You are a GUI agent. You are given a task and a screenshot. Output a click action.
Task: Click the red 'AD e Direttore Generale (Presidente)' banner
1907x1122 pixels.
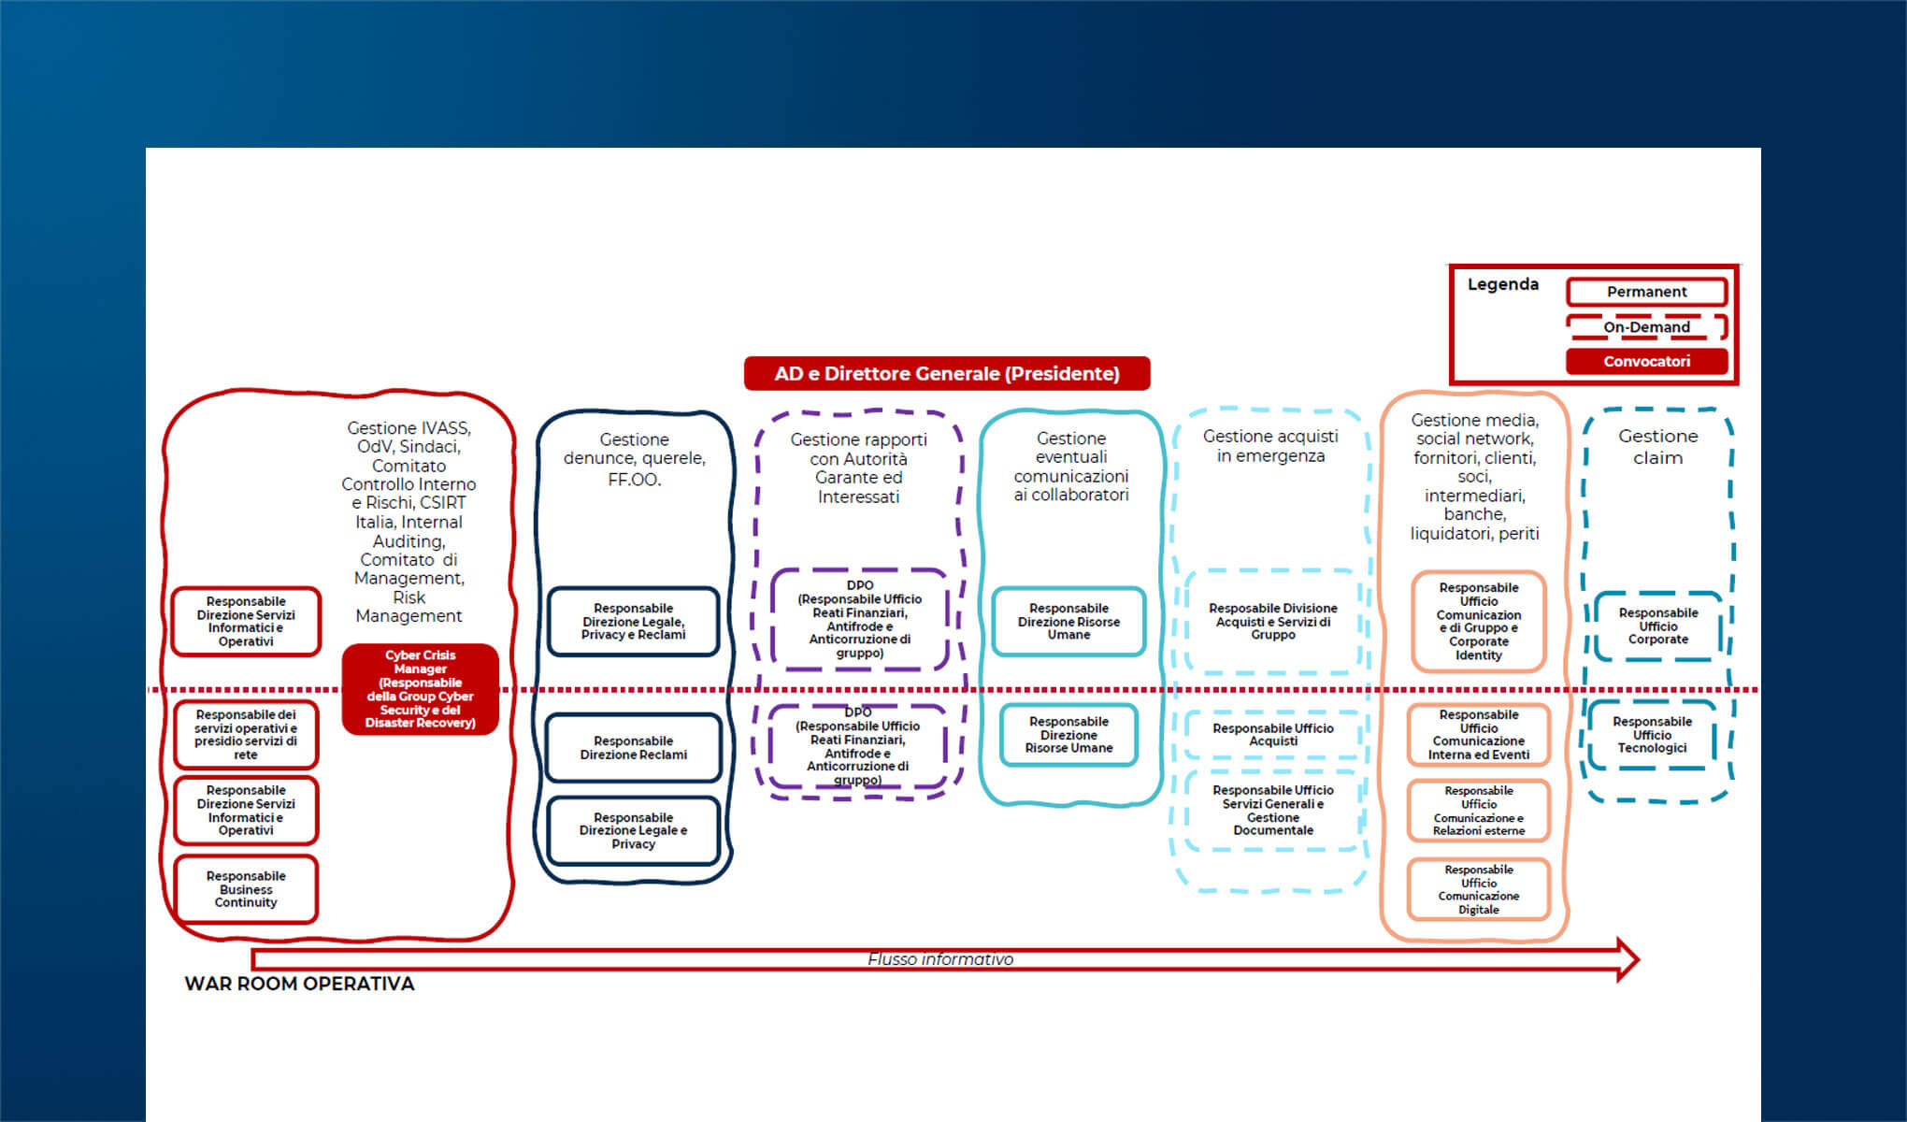point(946,373)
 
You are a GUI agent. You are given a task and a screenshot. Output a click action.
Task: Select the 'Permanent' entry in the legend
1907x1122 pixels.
point(1646,292)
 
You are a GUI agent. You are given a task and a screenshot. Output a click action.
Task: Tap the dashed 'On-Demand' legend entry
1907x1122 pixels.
point(1646,327)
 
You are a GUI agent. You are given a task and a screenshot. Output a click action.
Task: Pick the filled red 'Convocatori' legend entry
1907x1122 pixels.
point(1646,361)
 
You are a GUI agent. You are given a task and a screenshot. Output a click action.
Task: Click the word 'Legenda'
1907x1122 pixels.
point(1502,284)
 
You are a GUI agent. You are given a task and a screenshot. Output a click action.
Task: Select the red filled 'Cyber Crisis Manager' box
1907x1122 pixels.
point(420,689)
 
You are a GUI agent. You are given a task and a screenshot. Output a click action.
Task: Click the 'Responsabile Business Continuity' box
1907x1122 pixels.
point(246,889)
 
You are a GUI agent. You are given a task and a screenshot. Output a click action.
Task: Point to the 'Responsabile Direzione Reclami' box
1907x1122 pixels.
point(633,748)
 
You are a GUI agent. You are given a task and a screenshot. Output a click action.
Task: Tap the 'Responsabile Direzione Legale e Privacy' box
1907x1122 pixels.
point(633,830)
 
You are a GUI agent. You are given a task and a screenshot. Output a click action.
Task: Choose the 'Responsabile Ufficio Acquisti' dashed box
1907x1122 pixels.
point(1272,735)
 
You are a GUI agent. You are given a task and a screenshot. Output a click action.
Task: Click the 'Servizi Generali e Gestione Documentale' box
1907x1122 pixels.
point(1272,810)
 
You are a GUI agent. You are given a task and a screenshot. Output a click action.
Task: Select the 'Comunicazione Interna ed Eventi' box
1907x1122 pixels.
point(1478,735)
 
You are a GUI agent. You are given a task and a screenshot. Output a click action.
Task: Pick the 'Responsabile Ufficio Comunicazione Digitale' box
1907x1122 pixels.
point(1478,889)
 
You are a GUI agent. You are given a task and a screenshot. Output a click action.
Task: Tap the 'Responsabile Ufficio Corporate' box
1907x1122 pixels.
point(1657,626)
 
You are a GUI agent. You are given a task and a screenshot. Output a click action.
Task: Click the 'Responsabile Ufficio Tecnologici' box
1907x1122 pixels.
point(1652,735)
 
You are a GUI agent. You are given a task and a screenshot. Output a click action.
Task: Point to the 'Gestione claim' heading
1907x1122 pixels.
point(1657,447)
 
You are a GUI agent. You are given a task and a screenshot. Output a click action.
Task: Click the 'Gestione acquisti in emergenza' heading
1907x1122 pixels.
point(1270,446)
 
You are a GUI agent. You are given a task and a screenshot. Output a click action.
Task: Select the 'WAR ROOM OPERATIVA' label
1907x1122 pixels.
point(299,984)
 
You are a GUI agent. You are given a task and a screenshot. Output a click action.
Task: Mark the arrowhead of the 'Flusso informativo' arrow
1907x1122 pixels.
point(1627,959)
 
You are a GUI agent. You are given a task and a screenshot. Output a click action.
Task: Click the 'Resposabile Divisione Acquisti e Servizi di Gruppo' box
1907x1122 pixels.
point(1272,622)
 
